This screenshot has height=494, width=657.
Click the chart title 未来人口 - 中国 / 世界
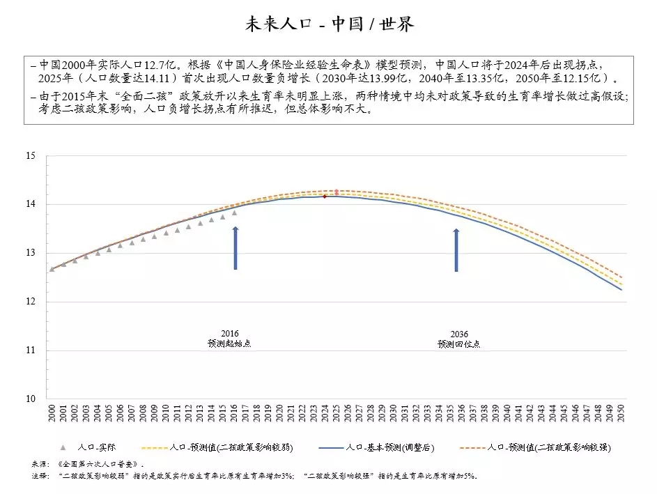[328, 24]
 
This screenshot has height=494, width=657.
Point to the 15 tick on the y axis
[31, 156]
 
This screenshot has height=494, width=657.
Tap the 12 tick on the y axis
[31, 302]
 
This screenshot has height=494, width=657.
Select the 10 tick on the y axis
[31, 399]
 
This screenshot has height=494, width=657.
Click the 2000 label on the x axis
[52, 410]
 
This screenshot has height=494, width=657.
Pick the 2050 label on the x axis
[621, 410]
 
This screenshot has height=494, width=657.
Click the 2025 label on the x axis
[337, 410]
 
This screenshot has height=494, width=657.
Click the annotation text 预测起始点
[229, 344]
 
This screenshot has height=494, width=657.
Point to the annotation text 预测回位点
[458, 344]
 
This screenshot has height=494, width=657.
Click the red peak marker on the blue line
[325, 196]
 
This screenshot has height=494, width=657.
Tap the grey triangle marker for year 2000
[52, 269]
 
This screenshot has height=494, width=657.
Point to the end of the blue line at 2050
[621, 289]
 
